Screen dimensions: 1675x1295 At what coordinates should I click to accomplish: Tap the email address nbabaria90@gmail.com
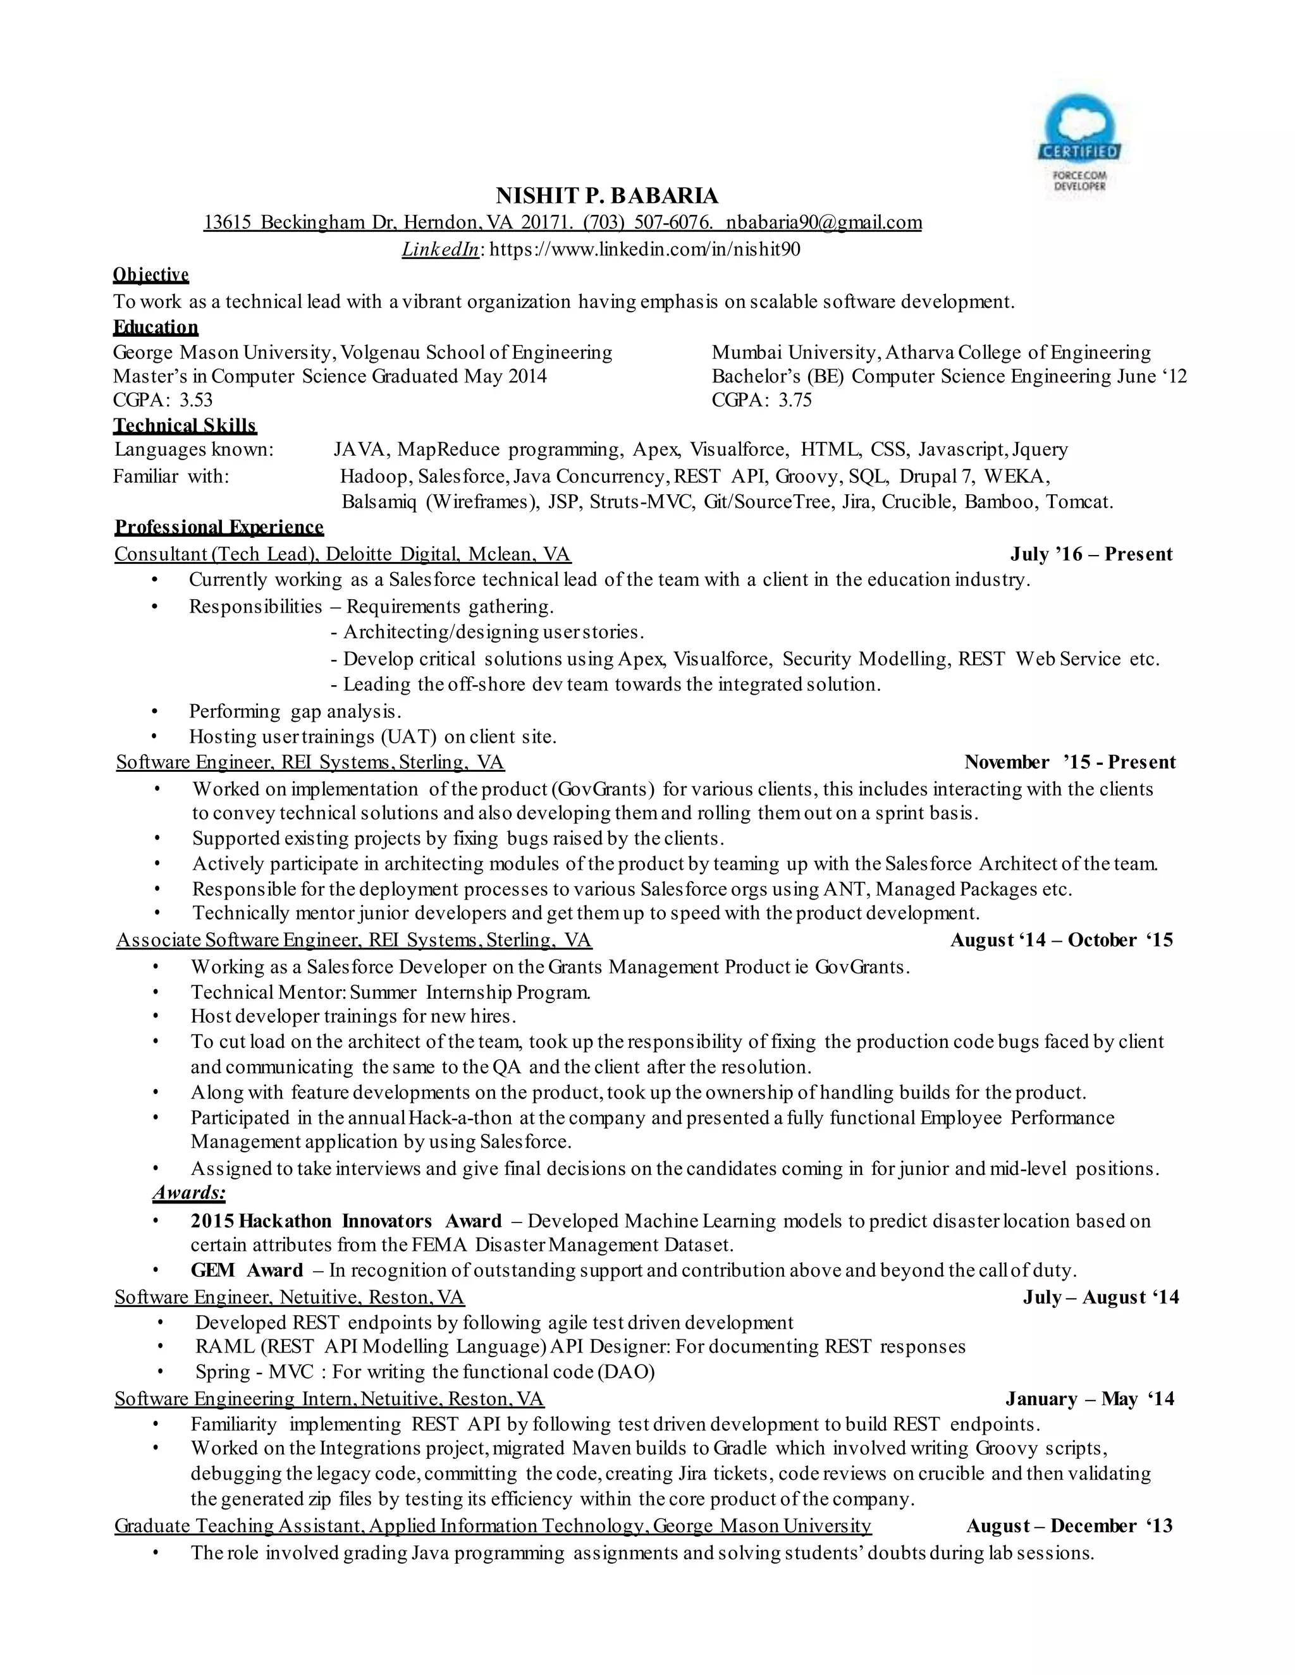pyautogui.click(x=824, y=222)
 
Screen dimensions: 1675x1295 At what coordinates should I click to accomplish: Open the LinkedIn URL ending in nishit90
pyautogui.click(x=644, y=249)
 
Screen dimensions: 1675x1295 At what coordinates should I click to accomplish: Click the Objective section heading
pyautogui.click(x=150, y=274)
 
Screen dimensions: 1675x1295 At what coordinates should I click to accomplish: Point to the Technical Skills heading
pyautogui.click(x=185, y=425)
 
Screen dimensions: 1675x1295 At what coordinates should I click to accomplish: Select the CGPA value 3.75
pyautogui.click(x=795, y=399)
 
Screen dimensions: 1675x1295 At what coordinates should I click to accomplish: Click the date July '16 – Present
pyautogui.click(x=1091, y=554)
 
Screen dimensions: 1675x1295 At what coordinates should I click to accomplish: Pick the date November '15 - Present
pyautogui.click(x=1069, y=762)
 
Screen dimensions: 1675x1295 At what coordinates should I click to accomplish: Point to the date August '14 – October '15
pyautogui.click(x=1062, y=941)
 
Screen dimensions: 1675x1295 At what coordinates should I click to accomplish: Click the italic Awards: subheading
pyautogui.click(x=188, y=1193)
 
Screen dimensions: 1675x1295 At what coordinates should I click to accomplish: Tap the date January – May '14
pyautogui.click(x=1089, y=1399)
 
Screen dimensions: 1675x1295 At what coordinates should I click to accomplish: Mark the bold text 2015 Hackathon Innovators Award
pyautogui.click(x=345, y=1221)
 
